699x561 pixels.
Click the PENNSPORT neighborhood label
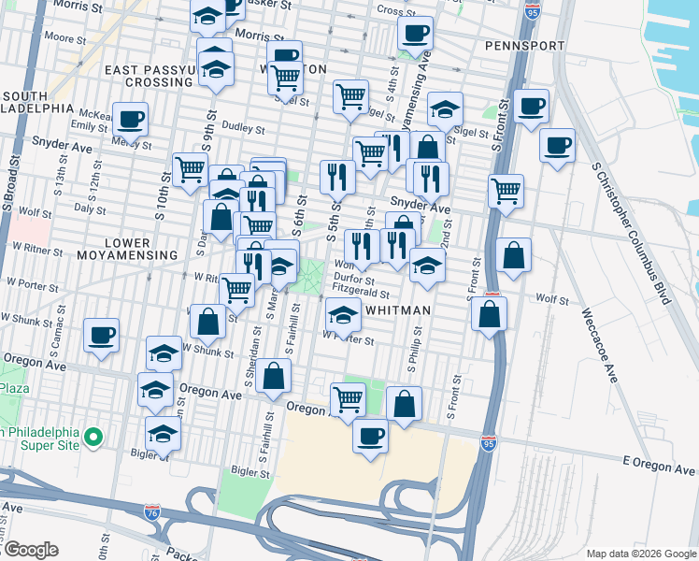[525, 45]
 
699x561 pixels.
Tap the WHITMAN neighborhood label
[398, 309]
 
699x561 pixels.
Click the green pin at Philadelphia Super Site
[93, 437]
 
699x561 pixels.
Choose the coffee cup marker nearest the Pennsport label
[414, 34]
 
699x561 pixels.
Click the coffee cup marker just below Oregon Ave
[370, 436]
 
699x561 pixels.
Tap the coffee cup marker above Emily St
[131, 119]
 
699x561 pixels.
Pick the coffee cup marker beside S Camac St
[101, 335]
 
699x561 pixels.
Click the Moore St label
[65, 38]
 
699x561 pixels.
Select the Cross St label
[396, 11]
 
